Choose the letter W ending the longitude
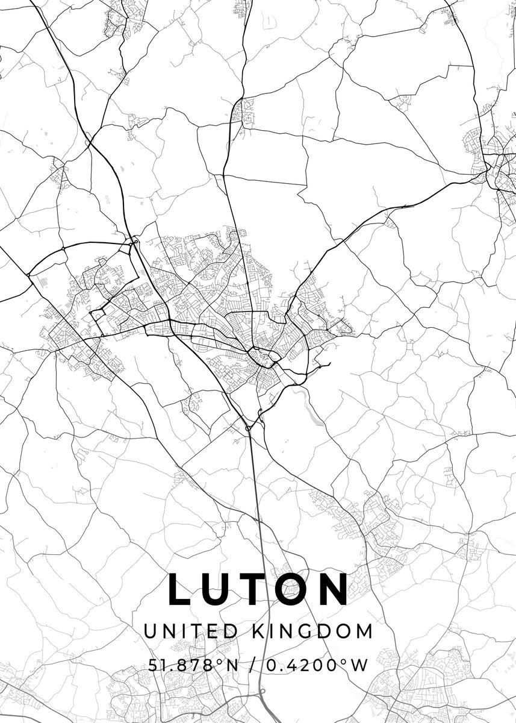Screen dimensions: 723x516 pyautogui.click(x=359, y=665)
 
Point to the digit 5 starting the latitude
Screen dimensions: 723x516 pyautogui.click(x=151, y=665)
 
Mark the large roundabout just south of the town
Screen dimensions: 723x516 pyautogui.click(x=248, y=428)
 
